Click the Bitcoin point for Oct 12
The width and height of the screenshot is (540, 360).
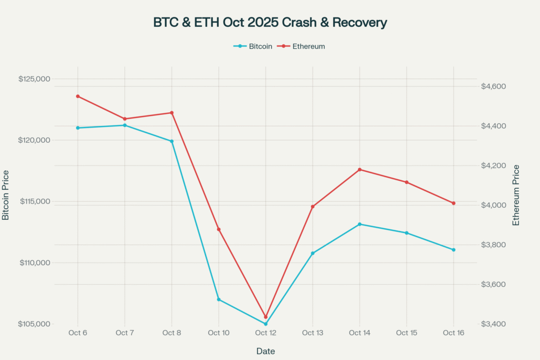pos(266,324)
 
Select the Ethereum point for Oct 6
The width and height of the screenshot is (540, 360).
pos(78,96)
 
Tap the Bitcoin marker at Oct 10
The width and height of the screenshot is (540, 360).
pos(218,299)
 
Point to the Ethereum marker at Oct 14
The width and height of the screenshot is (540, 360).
pos(360,170)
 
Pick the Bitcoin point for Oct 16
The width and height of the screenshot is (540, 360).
pos(454,250)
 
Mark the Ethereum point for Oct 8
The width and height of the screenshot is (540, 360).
pos(171,113)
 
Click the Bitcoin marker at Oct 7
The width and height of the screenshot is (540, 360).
pos(124,125)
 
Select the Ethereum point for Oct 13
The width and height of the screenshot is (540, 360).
pos(313,207)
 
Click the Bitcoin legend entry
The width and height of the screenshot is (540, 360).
pos(253,46)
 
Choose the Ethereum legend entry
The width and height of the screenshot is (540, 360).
pos(303,46)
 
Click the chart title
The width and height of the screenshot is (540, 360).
pos(270,23)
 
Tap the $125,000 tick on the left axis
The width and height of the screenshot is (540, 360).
pos(34,79)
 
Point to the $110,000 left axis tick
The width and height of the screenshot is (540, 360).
pos(34,263)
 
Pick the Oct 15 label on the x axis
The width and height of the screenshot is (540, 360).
pos(407,333)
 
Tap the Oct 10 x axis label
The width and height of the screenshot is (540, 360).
pos(218,333)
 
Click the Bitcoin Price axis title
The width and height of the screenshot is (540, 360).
pos(6,196)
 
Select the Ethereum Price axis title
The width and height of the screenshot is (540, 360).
pos(516,196)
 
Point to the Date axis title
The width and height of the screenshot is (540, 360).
pos(266,351)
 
